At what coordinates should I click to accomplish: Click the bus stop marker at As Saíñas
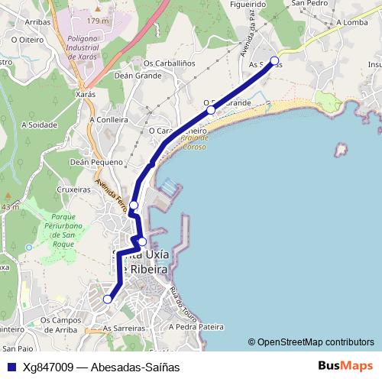point(275,61)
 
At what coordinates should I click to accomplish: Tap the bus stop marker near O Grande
point(211,110)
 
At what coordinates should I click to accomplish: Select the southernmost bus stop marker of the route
point(108,299)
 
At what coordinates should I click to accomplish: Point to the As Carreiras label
point(124,326)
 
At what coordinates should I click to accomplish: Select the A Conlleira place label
point(109,119)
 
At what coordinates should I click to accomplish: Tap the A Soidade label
point(40,123)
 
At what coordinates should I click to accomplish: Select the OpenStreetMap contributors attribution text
point(310,342)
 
